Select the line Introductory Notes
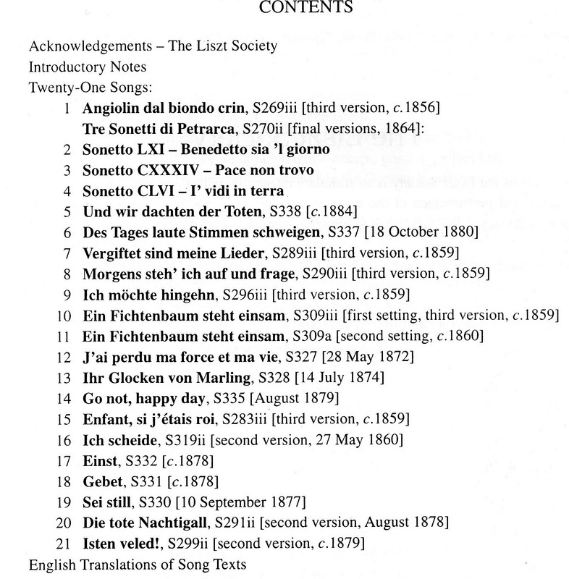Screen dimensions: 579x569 point(88,67)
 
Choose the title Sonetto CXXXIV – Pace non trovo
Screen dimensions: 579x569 point(198,171)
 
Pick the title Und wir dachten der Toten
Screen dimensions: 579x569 point(165,212)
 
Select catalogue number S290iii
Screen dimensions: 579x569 point(324,274)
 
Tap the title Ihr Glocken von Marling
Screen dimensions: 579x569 point(164,377)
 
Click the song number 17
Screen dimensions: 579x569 point(64,460)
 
